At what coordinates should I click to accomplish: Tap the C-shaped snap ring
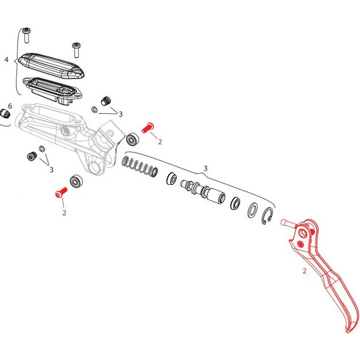267,216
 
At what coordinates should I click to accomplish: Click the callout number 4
6,59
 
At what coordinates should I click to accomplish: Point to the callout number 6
10,106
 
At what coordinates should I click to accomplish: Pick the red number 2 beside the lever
304,271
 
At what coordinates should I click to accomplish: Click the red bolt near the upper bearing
148,127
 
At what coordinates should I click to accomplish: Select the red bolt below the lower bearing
61,193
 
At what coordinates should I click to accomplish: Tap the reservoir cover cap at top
51,65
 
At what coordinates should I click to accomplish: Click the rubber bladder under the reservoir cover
52,90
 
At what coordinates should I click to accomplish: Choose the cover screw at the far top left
26,35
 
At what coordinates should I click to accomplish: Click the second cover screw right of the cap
76,50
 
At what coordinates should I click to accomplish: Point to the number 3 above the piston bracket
206,169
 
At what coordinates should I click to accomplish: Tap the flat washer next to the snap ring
253,210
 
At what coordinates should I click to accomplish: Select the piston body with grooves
203,190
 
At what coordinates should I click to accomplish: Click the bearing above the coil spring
133,139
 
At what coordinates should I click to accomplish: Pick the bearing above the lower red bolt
76,181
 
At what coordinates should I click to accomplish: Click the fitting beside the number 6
5,114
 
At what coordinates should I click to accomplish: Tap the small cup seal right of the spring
171,179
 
